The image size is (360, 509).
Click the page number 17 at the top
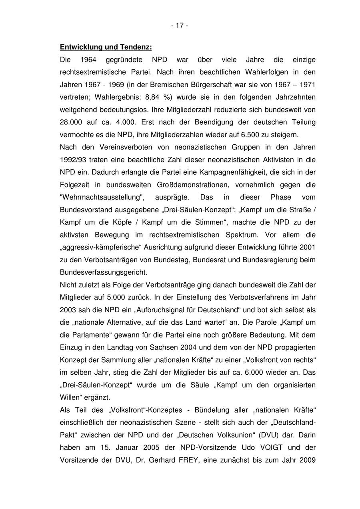coord(180,26)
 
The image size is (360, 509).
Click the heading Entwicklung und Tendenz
coord(106,47)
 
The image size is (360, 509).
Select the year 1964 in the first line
coord(89,60)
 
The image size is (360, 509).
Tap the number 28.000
coord(70,122)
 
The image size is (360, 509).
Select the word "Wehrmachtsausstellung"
coord(102,197)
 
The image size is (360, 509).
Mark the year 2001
coord(308,247)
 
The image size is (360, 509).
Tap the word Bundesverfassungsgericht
coord(103,272)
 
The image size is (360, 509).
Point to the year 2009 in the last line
coord(308,460)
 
